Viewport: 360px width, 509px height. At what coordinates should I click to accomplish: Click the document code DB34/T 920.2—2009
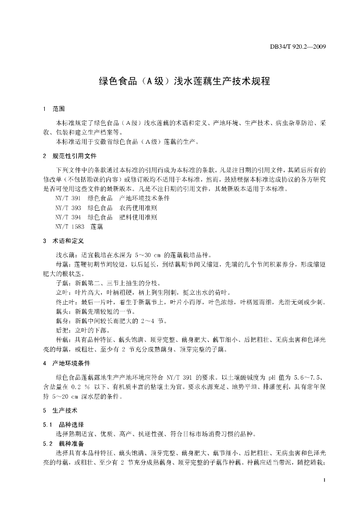pyautogui.click(x=297, y=48)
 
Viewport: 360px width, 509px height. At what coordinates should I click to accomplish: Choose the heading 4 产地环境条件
pyautogui.click(x=66, y=363)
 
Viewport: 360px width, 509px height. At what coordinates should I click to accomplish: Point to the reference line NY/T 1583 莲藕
pyautogui.click(x=80, y=227)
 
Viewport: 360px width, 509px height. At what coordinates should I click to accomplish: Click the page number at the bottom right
pyautogui.click(x=324, y=480)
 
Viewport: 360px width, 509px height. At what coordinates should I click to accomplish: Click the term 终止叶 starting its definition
pyautogui.click(x=64, y=302)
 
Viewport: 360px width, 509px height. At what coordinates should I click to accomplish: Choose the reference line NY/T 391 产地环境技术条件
pyautogui.click(x=112, y=198)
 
